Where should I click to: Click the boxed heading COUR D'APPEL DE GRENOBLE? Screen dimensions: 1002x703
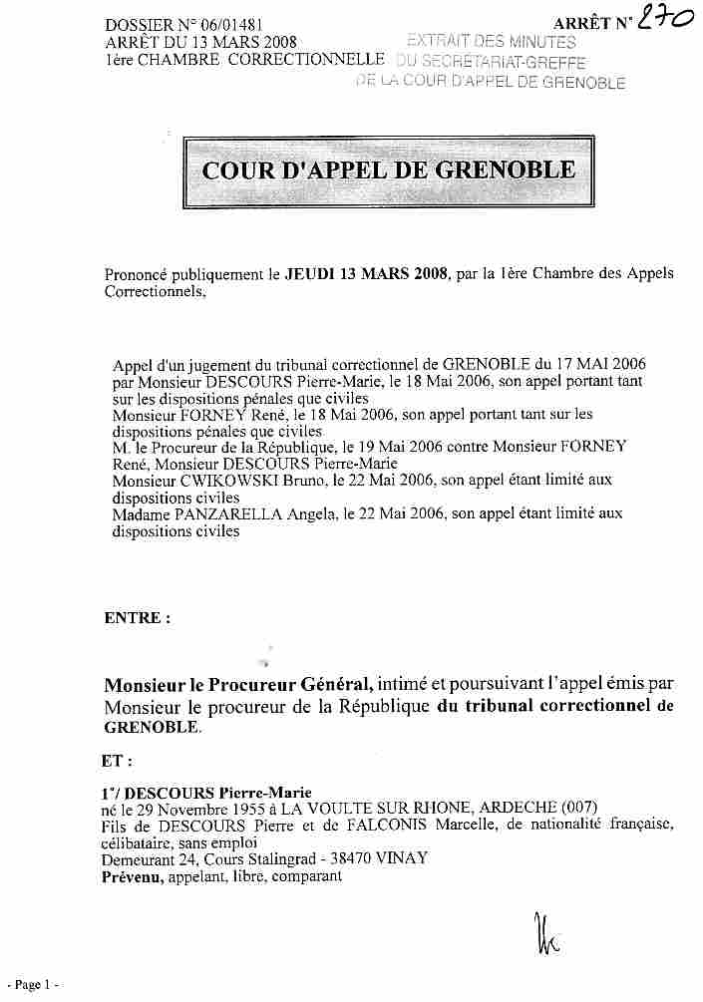388,169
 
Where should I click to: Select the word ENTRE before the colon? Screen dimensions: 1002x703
131,618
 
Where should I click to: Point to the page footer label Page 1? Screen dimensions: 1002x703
32,985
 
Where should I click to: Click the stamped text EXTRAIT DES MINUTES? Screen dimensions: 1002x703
493,42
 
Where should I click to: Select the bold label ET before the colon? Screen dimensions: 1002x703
113,761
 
